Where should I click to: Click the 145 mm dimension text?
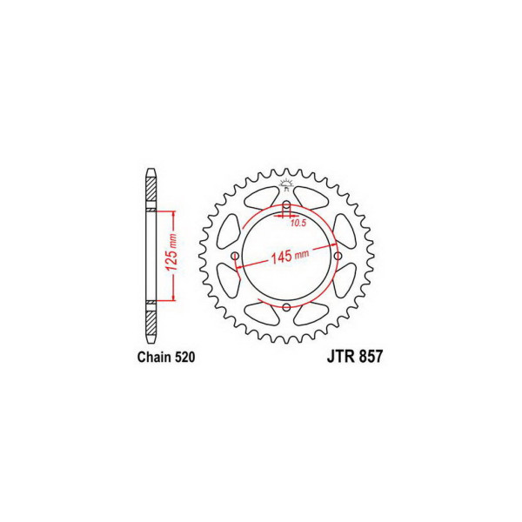[x=290, y=256]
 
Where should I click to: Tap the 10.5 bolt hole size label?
[x=298, y=224]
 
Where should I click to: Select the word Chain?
[x=154, y=357]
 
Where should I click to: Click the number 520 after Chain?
[x=184, y=357]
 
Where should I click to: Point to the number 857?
[x=371, y=357]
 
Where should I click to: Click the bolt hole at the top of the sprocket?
[x=286, y=205]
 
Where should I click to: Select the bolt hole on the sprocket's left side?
[x=236, y=256]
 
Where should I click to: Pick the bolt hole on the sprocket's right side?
[x=338, y=256]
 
